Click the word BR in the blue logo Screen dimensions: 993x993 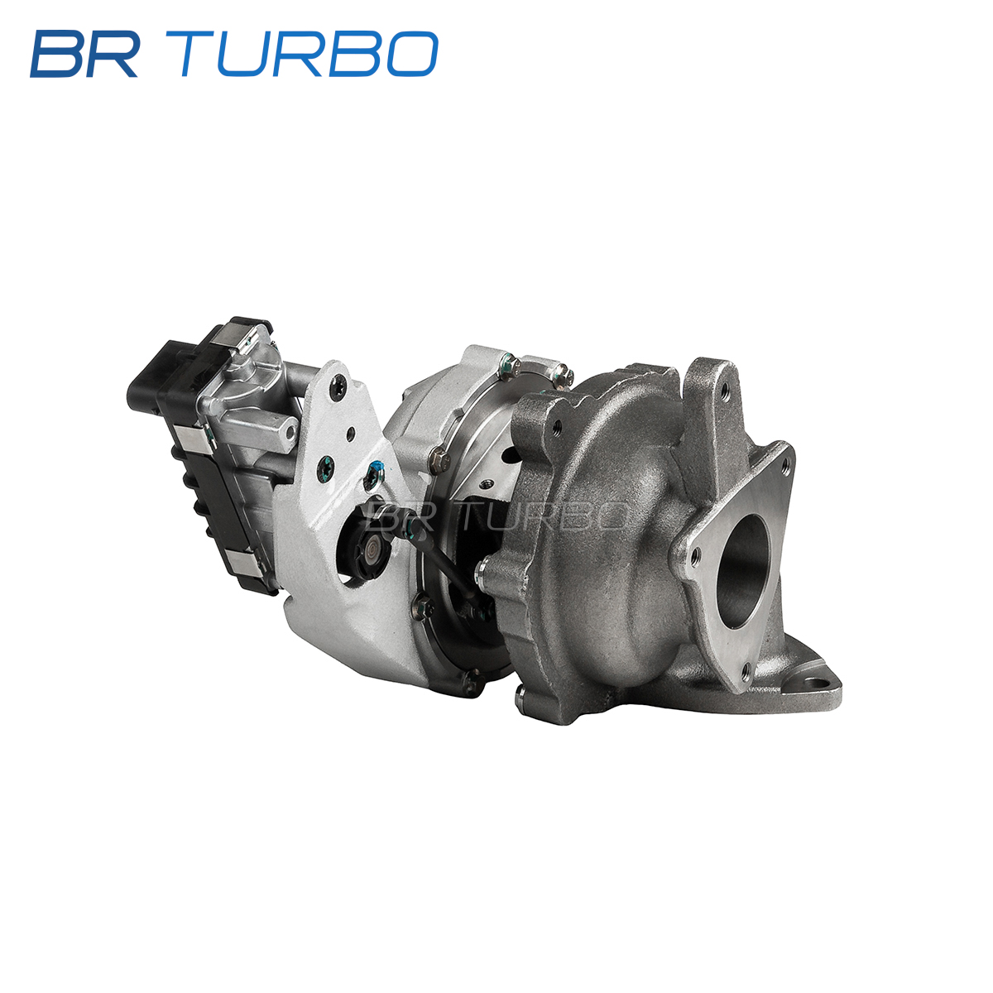84,54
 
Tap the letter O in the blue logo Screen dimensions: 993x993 412,54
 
